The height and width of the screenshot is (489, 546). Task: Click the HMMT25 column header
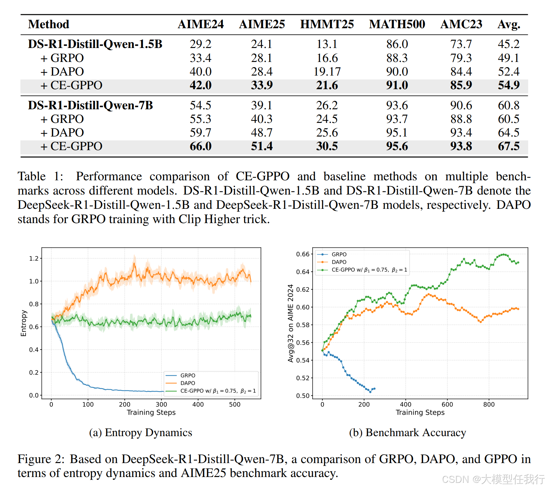(x=327, y=24)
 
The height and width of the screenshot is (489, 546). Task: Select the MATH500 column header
(x=397, y=24)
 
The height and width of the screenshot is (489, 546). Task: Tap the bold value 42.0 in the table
(x=200, y=85)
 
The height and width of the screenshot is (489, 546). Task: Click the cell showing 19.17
(x=327, y=72)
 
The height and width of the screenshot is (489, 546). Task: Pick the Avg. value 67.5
(x=509, y=146)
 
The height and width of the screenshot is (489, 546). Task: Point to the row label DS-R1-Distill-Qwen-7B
(x=90, y=105)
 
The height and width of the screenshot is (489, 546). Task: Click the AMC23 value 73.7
(x=461, y=44)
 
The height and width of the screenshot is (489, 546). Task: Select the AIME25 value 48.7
(x=262, y=133)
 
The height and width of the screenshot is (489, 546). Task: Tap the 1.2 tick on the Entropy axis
(x=34, y=258)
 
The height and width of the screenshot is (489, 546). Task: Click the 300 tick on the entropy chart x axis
(x=161, y=404)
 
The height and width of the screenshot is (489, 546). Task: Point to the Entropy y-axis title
(x=23, y=323)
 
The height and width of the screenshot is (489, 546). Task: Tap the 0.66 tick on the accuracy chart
(x=303, y=254)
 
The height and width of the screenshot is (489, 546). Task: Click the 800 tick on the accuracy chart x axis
(x=489, y=404)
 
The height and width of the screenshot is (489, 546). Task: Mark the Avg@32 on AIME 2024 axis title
(x=291, y=323)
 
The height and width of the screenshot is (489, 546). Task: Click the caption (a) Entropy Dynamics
(x=140, y=433)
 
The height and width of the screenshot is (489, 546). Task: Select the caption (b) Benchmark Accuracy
(x=407, y=433)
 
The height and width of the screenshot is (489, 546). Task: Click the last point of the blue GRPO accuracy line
(x=374, y=389)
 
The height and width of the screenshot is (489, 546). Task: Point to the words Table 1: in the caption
(x=41, y=176)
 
